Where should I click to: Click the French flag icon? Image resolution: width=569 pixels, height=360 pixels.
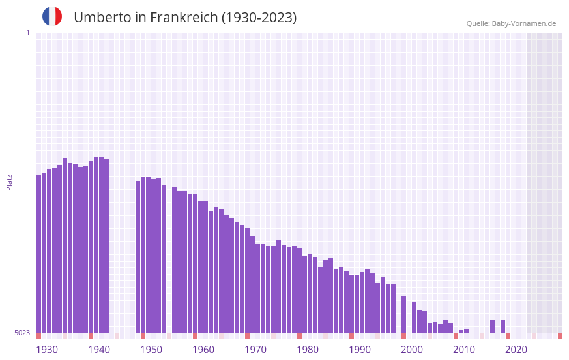click(52, 16)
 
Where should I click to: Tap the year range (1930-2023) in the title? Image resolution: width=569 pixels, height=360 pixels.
click(259, 18)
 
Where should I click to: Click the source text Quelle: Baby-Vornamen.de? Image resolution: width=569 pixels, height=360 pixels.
click(511, 23)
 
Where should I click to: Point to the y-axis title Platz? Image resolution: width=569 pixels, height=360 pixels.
click(9, 182)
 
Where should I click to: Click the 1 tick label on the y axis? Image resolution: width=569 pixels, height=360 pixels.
click(27, 33)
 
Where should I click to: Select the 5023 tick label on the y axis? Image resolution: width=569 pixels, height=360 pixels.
click(22, 333)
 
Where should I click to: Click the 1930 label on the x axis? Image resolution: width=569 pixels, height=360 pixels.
click(47, 350)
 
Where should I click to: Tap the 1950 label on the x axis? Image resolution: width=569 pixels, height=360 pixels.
click(151, 350)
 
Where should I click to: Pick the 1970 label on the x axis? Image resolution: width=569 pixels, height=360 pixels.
click(255, 350)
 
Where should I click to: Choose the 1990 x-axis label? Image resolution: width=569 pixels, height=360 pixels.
click(360, 350)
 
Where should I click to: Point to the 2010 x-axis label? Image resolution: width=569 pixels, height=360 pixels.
click(464, 350)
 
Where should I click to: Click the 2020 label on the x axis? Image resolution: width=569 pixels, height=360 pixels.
click(516, 350)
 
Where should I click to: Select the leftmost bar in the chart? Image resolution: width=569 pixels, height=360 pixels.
click(38, 254)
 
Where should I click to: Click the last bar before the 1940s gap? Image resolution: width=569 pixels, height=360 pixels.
click(106, 246)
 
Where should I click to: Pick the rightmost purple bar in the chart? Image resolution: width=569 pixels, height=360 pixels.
click(503, 327)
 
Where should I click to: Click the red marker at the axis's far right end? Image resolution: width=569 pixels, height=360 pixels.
click(560, 336)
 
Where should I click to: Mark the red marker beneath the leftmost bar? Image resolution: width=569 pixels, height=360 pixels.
click(38, 336)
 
